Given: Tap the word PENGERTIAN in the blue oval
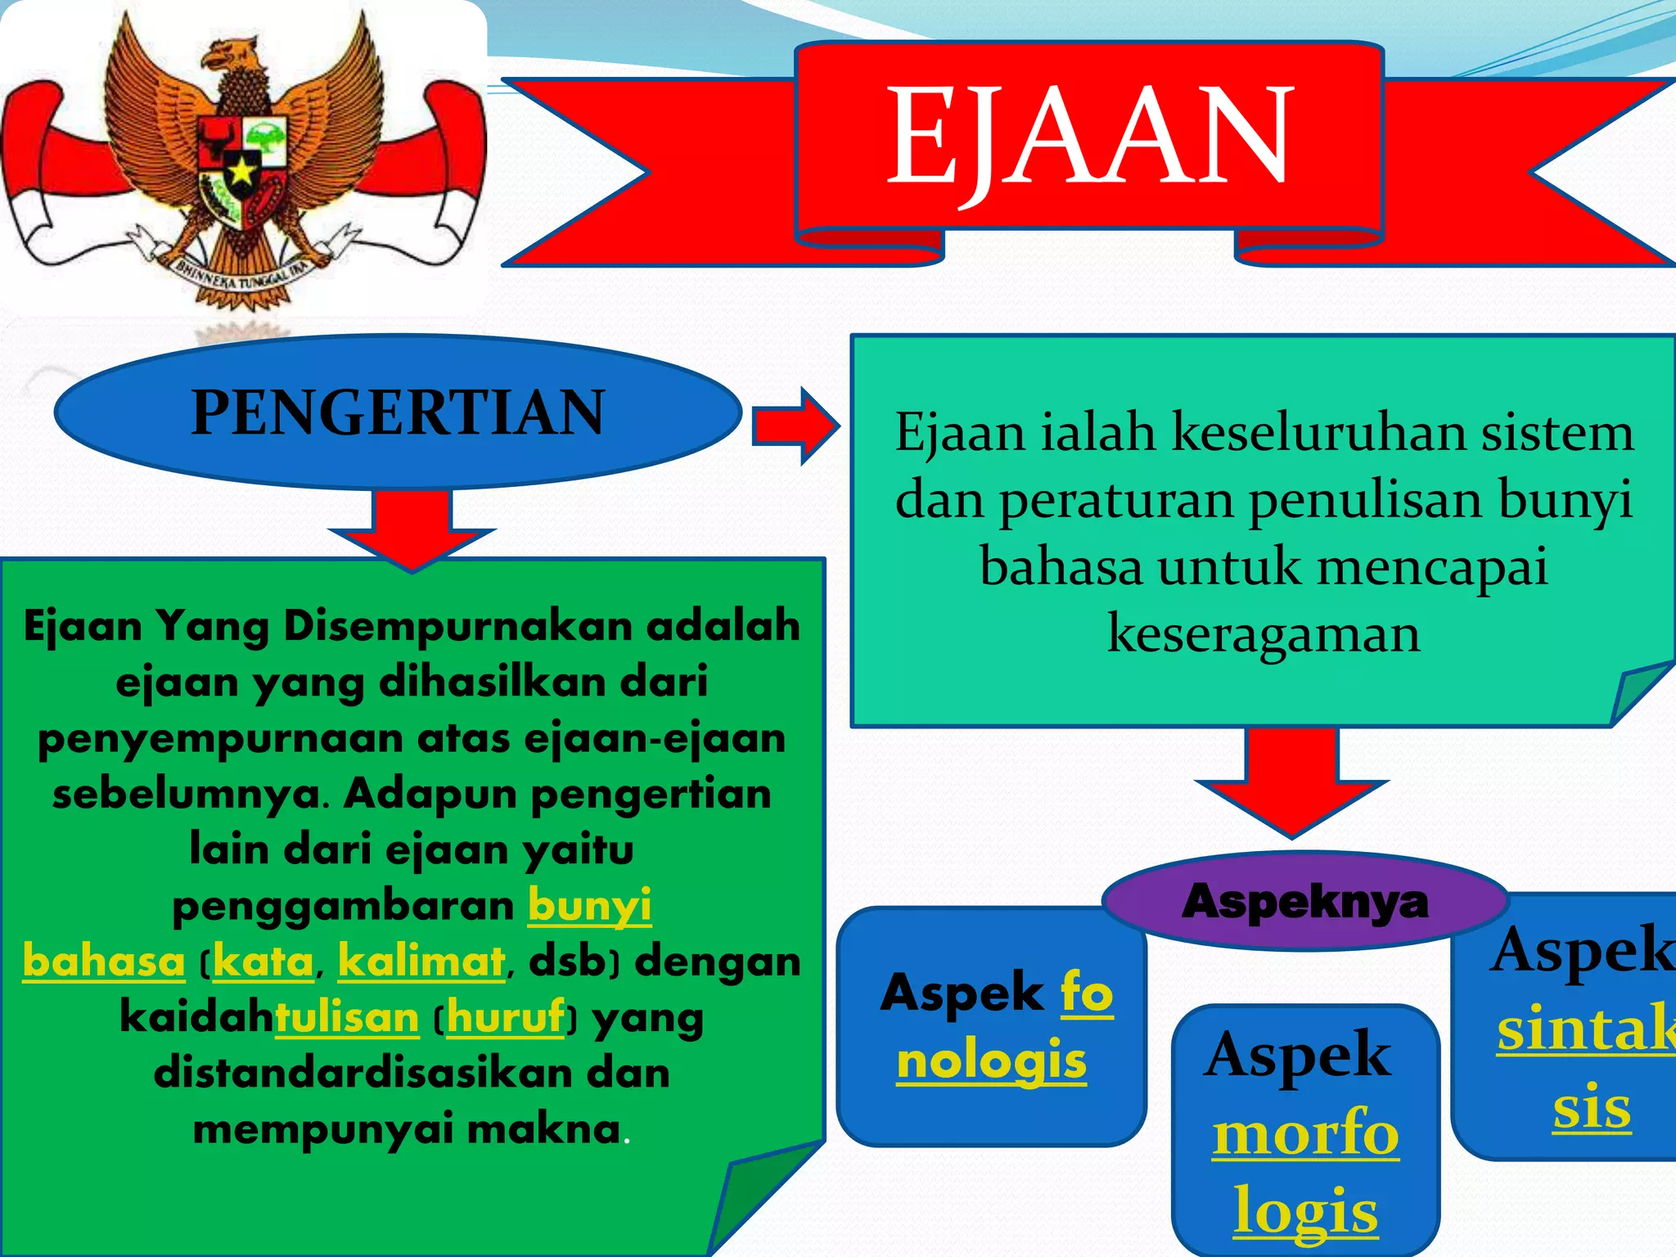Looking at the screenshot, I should point(398,412).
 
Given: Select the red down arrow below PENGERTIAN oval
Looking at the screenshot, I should point(412,528).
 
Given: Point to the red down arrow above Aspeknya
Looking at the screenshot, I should point(1291,782).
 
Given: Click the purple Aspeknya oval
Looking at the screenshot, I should point(1304,902).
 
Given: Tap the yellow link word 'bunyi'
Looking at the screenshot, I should point(589,906).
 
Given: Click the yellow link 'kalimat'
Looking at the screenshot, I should point(421,962).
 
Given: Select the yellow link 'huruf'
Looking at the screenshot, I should point(506,1018).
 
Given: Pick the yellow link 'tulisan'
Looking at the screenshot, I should point(347,1018).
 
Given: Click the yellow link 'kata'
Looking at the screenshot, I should point(263,962).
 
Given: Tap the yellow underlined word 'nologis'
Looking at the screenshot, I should point(991,1062).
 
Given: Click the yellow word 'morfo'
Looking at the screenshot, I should point(1305,1135).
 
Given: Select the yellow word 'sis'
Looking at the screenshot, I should point(1592,1109).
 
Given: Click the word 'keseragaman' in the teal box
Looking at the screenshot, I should point(1263,634).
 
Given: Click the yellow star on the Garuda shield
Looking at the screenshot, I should point(241,172).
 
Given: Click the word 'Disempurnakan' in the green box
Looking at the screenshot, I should point(457,626).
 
